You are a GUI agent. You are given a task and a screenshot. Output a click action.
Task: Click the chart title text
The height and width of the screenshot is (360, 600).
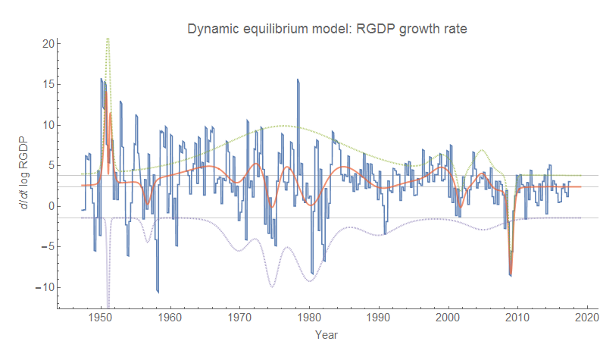(327, 30)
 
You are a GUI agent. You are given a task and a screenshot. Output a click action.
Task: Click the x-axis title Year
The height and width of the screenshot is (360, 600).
(327, 334)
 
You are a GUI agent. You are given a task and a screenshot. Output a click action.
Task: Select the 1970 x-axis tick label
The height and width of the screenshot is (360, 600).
(239, 319)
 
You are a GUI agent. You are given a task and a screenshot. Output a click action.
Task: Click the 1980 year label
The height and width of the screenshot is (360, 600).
(309, 319)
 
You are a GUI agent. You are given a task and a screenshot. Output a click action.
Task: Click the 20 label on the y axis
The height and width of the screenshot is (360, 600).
(46, 44)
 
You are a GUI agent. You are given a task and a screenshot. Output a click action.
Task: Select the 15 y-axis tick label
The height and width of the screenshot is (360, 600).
(46, 84)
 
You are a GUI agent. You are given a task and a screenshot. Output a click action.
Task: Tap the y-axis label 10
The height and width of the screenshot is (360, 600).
(46, 125)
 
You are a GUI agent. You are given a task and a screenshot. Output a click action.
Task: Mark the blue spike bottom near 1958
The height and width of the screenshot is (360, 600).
(158, 292)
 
